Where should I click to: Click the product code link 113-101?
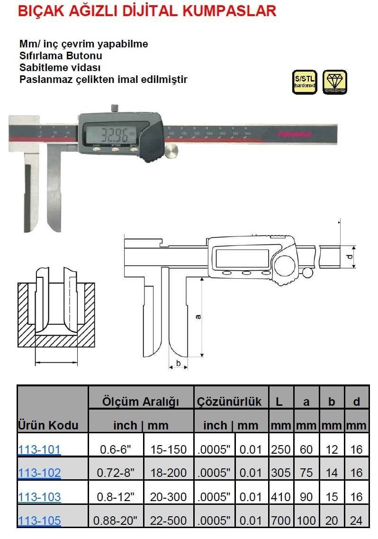coord(39,449)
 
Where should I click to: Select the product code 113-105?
coord(39,521)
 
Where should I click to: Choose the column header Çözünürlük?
coord(230,402)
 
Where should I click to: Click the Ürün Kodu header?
coord(48,425)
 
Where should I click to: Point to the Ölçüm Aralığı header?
coord(141,402)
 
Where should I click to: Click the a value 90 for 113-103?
coord(306,497)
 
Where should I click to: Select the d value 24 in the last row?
coord(357,521)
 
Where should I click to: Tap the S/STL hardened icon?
coord(304,82)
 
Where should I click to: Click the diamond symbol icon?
coord(334,82)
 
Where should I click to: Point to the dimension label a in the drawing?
coord(198,316)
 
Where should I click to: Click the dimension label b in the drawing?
coord(178,363)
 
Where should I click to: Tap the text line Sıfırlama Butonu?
coord(61,56)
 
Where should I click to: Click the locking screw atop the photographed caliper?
coord(114,108)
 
